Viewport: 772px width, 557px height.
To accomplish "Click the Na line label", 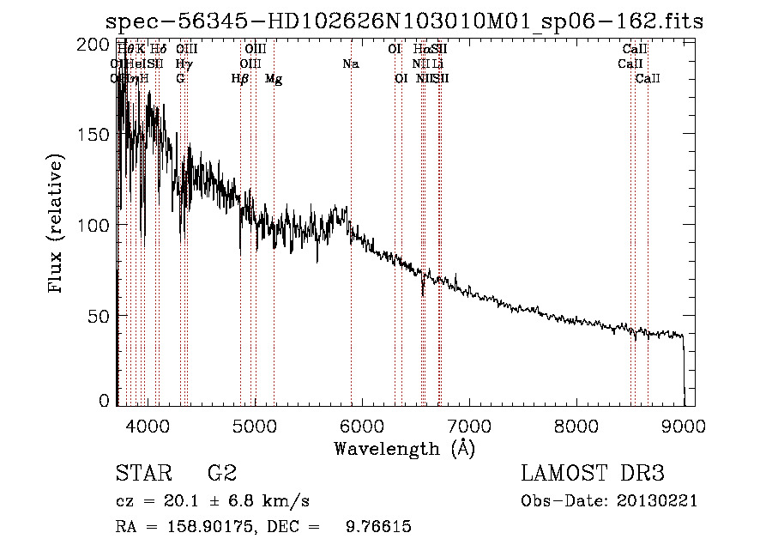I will [x=350, y=64].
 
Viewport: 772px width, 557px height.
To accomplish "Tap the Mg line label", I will [x=274, y=79].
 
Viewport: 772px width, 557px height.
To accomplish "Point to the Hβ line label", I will [x=240, y=79].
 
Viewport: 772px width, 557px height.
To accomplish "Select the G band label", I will [x=180, y=79].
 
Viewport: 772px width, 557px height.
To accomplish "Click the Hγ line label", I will [x=183, y=64].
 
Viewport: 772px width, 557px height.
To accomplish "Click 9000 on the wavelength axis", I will [x=684, y=425].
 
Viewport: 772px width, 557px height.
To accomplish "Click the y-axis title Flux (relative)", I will [x=57, y=225].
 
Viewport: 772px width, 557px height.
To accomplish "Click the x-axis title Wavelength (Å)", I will [x=404, y=448].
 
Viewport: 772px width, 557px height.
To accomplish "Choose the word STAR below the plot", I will [x=140, y=474].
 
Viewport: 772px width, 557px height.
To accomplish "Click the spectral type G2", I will [x=222, y=474].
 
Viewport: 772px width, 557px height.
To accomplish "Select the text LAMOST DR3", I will [x=592, y=474].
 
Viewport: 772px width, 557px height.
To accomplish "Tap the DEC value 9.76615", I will [x=378, y=527].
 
